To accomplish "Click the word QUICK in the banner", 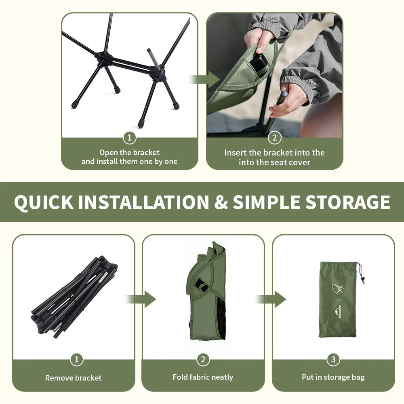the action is point(44,202).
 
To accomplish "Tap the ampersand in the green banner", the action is point(221,202).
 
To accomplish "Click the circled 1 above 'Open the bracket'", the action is point(130,138).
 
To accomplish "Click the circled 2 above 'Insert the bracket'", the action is point(274,138).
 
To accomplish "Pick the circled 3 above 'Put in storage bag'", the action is point(333,359).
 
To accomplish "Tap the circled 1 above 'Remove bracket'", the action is point(76,359).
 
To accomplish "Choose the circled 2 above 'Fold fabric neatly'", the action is point(203,359).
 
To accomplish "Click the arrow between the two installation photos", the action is point(205,79).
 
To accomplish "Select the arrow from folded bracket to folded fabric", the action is point(141,299).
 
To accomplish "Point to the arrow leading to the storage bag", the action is point(271,299).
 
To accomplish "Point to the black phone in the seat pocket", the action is point(259,64).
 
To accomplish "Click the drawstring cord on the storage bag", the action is point(361,274).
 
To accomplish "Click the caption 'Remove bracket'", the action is point(73,378).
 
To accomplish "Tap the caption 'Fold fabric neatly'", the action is point(203,377).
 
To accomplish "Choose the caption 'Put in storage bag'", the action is point(333,377).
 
